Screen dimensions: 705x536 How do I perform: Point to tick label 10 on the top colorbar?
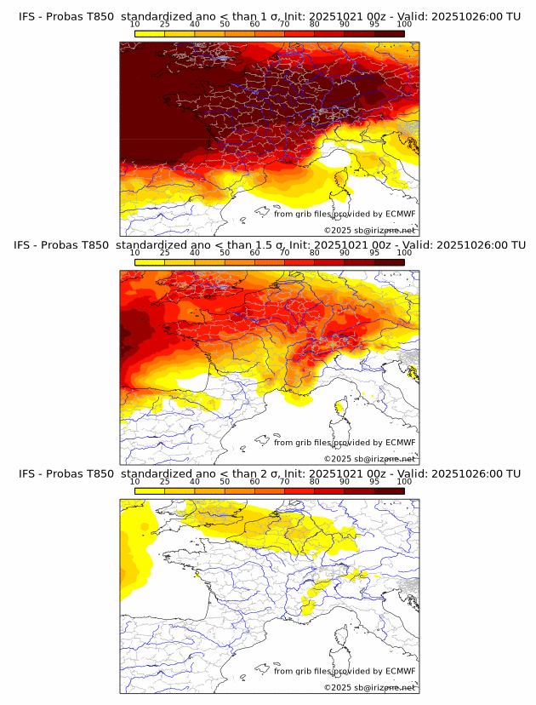[x=134, y=24]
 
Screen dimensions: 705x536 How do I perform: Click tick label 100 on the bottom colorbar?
[x=403, y=482]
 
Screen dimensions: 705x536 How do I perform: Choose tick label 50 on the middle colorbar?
[x=225, y=253]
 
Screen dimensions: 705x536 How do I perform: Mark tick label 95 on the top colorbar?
[x=374, y=24]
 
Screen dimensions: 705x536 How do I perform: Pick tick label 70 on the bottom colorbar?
[x=284, y=482]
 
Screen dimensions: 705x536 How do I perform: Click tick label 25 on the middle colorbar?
[x=164, y=253]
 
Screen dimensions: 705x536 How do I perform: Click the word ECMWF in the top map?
[x=400, y=214]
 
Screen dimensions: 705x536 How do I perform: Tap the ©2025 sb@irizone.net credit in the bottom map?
[x=369, y=687]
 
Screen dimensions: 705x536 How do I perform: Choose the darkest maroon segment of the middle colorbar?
[x=389, y=261]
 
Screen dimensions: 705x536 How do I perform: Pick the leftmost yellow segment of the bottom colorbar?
[x=150, y=490]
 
